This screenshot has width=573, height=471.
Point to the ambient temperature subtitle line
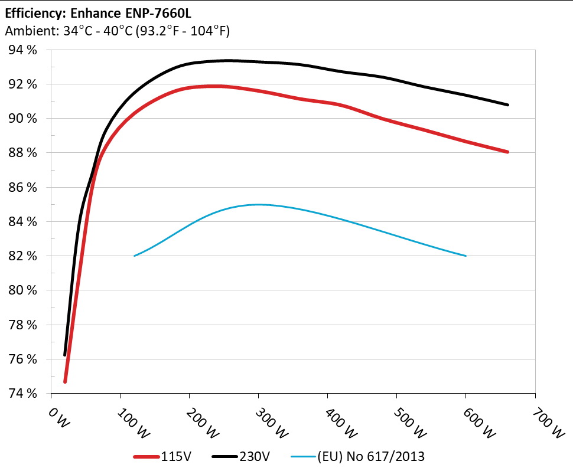pos(117,31)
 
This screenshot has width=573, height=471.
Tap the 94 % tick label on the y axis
pos(23,50)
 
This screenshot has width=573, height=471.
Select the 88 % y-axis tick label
pos(23,153)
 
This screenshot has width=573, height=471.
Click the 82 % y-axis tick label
pos(23,256)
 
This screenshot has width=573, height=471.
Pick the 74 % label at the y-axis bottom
pos(23,393)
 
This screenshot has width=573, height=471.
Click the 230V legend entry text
pos(255,456)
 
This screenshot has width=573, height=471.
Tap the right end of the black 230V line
pos(507,104)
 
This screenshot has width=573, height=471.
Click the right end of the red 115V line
pos(507,152)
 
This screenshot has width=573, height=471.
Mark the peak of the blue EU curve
pos(258,205)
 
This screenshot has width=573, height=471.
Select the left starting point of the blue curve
pos(135,256)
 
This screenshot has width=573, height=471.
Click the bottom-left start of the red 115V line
pos(65,381)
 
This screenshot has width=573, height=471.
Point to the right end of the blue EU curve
pos(466,256)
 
